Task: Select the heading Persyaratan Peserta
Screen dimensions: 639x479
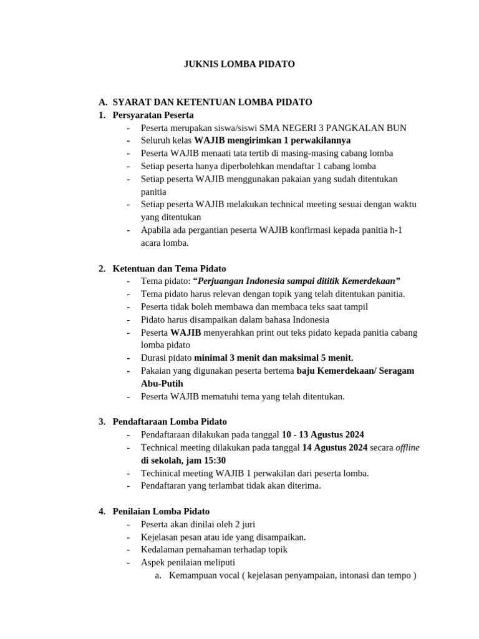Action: coord(153,115)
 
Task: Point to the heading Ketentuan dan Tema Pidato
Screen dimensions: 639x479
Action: coord(169,268)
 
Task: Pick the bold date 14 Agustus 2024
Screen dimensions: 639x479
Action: coord(335,447)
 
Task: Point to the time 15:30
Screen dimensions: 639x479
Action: coord(213,460)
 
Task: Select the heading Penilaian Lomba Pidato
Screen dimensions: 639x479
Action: coord(161,512)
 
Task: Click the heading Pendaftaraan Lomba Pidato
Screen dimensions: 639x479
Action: coord(170,422)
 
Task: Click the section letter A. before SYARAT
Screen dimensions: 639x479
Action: coord(103,102)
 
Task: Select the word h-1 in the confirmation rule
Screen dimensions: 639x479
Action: coord(395,230)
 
